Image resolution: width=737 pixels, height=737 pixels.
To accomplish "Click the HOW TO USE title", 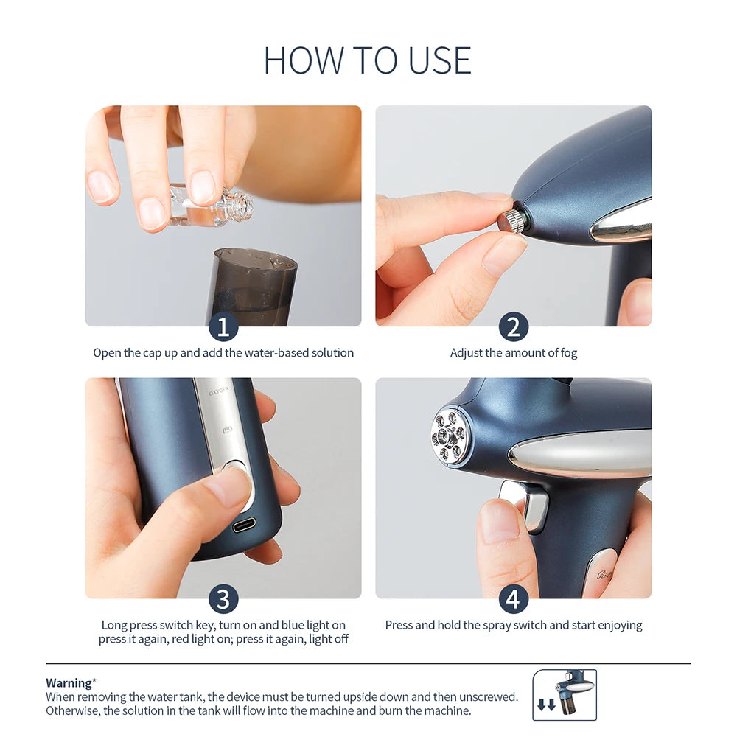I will point(368,60).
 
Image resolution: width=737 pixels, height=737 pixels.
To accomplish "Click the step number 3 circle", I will point(223,598).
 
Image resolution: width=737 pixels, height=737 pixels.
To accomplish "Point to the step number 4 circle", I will point(514,598).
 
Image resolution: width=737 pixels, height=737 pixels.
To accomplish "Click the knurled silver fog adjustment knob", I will point(511,221).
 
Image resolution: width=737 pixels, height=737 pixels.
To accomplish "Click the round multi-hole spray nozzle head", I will point(450,436).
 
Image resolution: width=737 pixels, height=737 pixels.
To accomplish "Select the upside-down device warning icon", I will point(565,694).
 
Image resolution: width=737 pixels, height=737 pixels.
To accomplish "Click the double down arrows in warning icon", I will point(546,705).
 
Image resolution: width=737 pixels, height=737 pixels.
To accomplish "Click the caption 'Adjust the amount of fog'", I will point(514,353).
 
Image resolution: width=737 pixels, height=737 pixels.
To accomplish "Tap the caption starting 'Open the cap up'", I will point(223,353).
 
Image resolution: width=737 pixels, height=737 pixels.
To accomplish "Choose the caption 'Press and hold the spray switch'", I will point(514,625).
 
